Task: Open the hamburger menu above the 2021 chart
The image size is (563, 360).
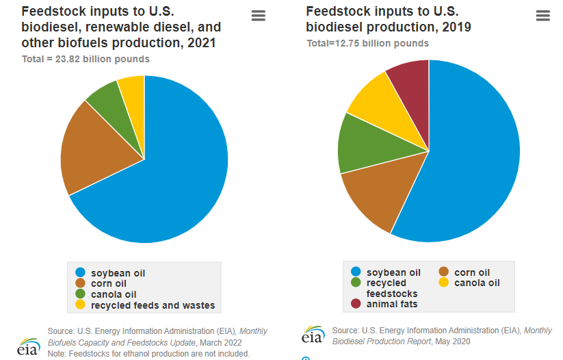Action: [x=259, y=16]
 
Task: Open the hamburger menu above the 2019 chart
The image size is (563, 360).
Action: [x=543, y=16]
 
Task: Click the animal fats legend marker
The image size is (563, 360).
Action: [x=356, y=304]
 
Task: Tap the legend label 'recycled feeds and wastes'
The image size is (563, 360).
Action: [x=153, y=305]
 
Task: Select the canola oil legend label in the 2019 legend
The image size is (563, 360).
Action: [x=477, y=283]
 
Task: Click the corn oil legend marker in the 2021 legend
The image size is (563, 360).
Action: [x=80, y=283]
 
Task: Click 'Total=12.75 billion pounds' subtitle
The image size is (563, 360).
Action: [x=367, y=44]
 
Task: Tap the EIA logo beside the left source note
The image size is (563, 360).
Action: [x=28, y=347]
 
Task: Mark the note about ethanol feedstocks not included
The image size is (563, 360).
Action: [x=148, y=354]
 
